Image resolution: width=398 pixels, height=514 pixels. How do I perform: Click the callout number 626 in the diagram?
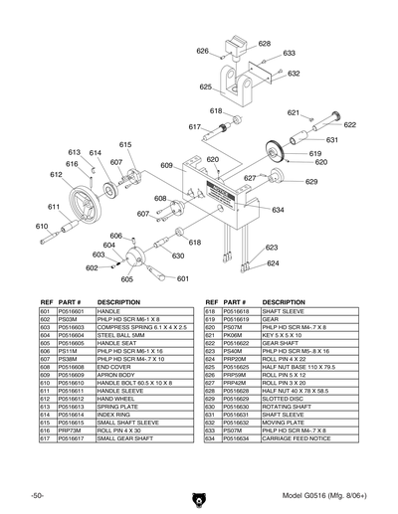tap(203, 51)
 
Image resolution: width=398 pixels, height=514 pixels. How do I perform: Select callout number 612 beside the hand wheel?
tap(56, 174)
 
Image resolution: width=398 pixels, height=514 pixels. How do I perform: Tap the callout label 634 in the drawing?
tap(279, 211)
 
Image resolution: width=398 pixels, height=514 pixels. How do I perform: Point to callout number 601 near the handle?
tap(183, 279)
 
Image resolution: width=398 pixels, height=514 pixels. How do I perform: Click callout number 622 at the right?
tap(349, 125)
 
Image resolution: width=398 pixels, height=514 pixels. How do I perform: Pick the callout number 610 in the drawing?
tap(42, 227)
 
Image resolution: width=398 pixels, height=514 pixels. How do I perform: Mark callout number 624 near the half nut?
tap(273, 263)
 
